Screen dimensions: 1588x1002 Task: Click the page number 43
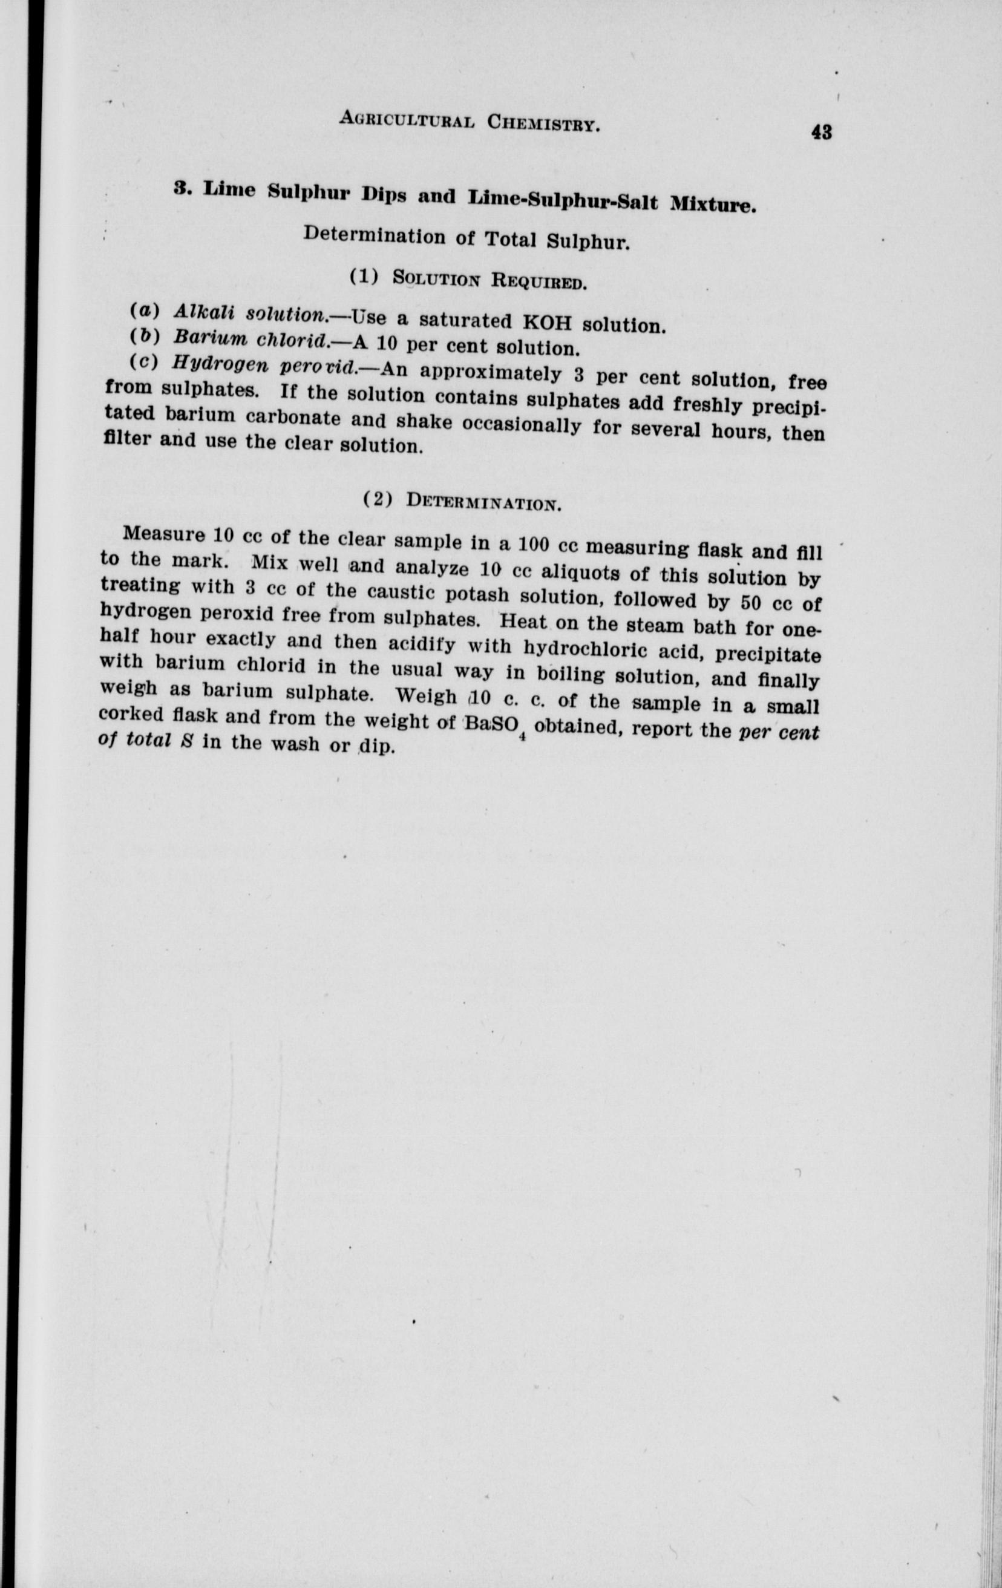point(821,133)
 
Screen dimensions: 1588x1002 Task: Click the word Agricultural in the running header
point(407,120)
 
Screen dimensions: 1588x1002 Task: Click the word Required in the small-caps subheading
point(538,281)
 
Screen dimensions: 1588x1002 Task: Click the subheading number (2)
point(378,499)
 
